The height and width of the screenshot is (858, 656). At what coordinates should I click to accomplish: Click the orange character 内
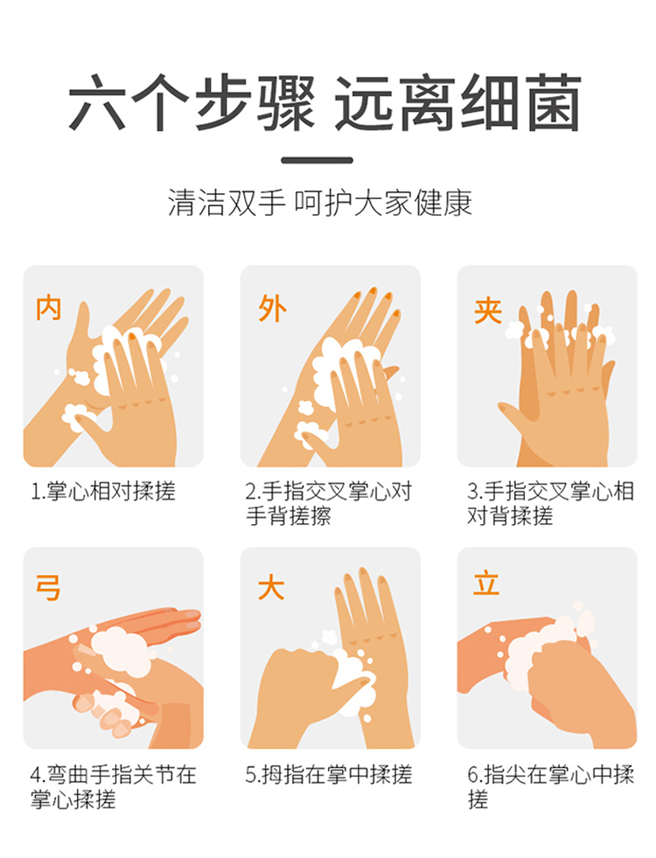(48, 308)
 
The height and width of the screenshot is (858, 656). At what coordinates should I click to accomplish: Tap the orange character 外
(272, 308)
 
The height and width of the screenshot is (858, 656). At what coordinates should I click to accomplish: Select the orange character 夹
(488, 311)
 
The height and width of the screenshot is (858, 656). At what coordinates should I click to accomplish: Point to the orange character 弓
(48, 588)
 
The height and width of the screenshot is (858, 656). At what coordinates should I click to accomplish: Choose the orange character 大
(271, 588)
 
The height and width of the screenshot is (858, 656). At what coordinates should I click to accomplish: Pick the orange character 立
(486, 583)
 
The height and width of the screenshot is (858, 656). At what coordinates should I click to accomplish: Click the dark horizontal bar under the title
(317, 160)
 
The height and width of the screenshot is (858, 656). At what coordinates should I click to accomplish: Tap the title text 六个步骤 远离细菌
(325, 103)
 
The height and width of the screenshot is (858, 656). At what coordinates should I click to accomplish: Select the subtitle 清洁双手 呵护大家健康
(320, 203)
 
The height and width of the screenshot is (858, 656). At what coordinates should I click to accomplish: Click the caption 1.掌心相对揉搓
(103, 491)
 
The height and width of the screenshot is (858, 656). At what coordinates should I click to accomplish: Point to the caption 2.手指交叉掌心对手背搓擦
(328, 503)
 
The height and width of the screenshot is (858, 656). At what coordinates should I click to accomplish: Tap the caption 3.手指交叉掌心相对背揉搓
(550, 503)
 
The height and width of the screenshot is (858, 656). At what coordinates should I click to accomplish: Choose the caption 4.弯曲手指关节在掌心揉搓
(113, 787)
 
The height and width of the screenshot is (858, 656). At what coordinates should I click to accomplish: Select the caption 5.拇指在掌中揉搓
(329, 775)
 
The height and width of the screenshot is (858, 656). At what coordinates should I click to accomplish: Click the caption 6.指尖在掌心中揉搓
(550, 787)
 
